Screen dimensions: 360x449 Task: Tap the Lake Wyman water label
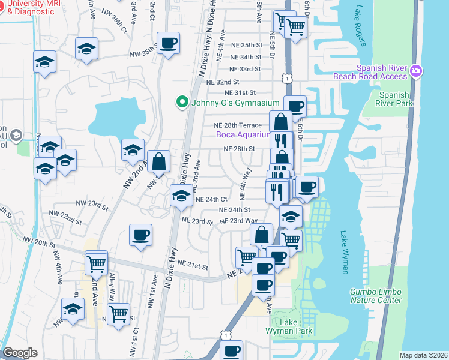(344, 252)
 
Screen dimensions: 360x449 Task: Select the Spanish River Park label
(394, 100)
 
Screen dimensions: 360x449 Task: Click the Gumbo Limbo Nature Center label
(376, 296)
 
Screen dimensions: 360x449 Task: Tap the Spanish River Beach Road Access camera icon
(416, 72)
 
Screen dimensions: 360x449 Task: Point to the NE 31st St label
(240, 93)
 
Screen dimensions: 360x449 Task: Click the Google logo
(20, 353)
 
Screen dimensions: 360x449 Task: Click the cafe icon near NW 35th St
(167, 43)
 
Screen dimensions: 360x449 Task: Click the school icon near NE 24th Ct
(181, 195)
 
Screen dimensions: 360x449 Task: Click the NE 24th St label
(234, 210)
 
